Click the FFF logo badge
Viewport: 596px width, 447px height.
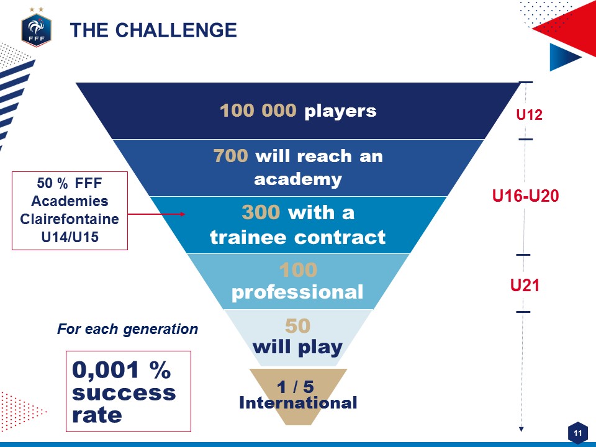[36, 30]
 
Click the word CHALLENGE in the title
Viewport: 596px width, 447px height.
[176, 30]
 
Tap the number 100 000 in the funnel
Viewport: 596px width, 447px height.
[258, 111]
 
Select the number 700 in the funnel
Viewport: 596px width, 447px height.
[231, 155]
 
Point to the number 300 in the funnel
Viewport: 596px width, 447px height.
[261, 212]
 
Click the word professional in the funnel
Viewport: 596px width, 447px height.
[297, 292]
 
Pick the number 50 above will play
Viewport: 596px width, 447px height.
[297, 326]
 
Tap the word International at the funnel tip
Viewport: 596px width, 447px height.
[298, 403]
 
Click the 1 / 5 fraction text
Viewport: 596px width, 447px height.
[296, 387]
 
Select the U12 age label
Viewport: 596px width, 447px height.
[529, 114]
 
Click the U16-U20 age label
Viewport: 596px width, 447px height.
[525, 196]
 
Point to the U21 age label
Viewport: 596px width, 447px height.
[525, 285]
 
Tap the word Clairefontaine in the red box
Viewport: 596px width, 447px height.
[70, 219]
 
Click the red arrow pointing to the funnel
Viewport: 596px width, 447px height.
[156, 214]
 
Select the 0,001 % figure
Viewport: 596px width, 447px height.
[121, 370]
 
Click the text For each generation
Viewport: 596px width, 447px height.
[127, 329]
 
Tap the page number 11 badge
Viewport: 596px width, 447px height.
[578, 433]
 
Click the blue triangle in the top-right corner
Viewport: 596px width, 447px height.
[562, 57]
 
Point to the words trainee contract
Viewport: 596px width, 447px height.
[297, 237]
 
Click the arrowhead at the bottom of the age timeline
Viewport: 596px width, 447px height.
[521, 429]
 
